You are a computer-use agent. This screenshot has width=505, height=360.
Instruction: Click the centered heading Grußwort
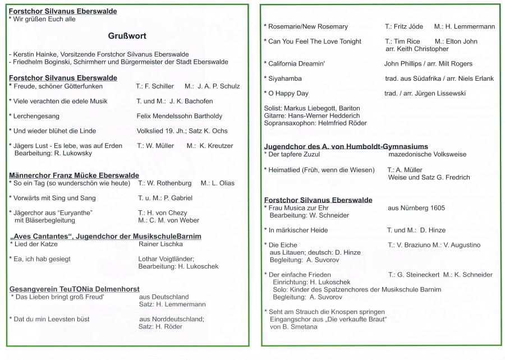click(127, 36)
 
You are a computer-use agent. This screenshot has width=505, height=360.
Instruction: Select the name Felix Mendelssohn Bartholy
click(179, 116)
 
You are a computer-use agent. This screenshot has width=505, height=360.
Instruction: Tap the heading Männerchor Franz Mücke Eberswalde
click(66, 176)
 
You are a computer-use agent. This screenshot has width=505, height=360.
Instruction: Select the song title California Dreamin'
click(296, 64)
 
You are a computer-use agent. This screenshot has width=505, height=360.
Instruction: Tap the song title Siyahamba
click(286, 79)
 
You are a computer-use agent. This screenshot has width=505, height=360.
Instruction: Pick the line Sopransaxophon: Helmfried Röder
click(315, 123)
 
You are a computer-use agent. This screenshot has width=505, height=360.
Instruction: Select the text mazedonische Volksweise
click(427, 154)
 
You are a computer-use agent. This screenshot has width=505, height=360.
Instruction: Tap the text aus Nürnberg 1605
click(416, 208)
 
